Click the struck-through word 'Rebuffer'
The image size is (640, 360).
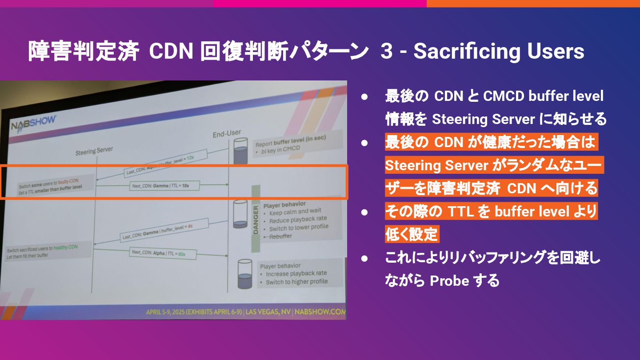click(x=280, y=236)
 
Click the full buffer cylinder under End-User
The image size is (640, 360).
click(x=240, y=151)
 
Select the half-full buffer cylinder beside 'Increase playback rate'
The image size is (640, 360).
click(x=244, y=274)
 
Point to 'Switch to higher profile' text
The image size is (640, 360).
click(x=296, y=282)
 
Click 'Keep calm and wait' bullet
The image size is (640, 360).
click(x=295, y=212)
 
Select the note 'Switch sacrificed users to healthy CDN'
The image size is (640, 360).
click(x=48, y=248)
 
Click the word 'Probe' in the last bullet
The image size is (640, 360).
click(x=448, y=281)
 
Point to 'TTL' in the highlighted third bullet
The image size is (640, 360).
click(x=461, y=212)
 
